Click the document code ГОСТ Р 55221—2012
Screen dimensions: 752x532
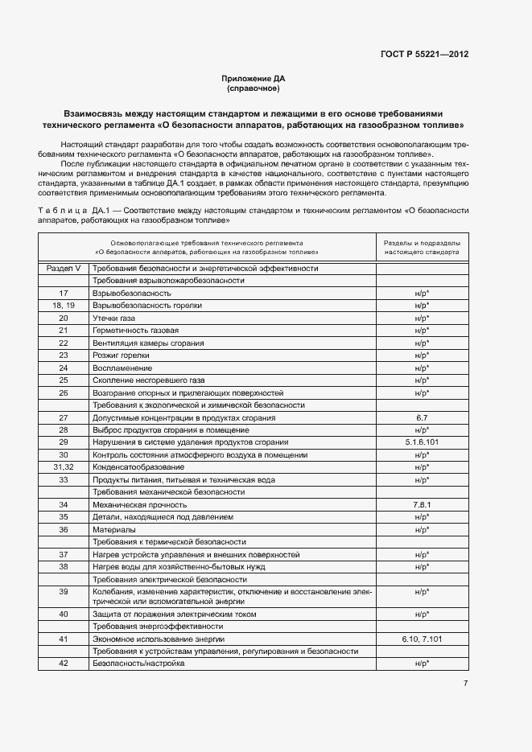(x=424, y=55)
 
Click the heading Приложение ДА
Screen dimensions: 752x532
(x=253, y=78)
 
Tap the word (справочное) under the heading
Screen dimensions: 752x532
(x=253, y=88)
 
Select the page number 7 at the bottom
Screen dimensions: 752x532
(x=465, y=684)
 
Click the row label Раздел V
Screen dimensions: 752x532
(x=64, y=269)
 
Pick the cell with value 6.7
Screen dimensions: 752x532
(x=422, y=417)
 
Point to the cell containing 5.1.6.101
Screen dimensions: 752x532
(x=422, y=442)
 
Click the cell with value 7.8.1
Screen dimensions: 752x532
(x=422, y=504)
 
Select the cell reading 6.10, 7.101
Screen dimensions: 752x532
(x=422, y=639)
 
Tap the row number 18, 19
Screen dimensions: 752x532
(x=64, y=306)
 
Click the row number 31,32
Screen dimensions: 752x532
(x=64, y=466)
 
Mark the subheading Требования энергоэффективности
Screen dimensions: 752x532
(x=158, y=626)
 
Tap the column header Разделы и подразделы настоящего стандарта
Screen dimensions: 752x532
(x=422, y=247)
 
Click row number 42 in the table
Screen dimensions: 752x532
(x=64, y=664)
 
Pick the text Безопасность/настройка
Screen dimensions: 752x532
(x=138, y=664)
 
